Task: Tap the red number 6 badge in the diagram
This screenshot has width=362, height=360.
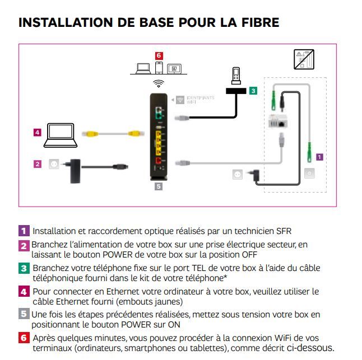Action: point(159,55)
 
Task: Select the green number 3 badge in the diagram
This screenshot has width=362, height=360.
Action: point(253,90)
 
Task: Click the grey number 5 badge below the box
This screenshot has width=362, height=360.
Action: point(159,186)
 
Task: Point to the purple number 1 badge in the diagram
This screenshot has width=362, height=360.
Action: point(319,157)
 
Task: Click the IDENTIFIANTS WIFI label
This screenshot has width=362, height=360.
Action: point(202,99)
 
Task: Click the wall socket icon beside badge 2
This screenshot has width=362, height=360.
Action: point(54,164)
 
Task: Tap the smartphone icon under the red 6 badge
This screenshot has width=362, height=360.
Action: point(159,68)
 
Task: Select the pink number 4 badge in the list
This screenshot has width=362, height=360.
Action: point(24,291)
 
